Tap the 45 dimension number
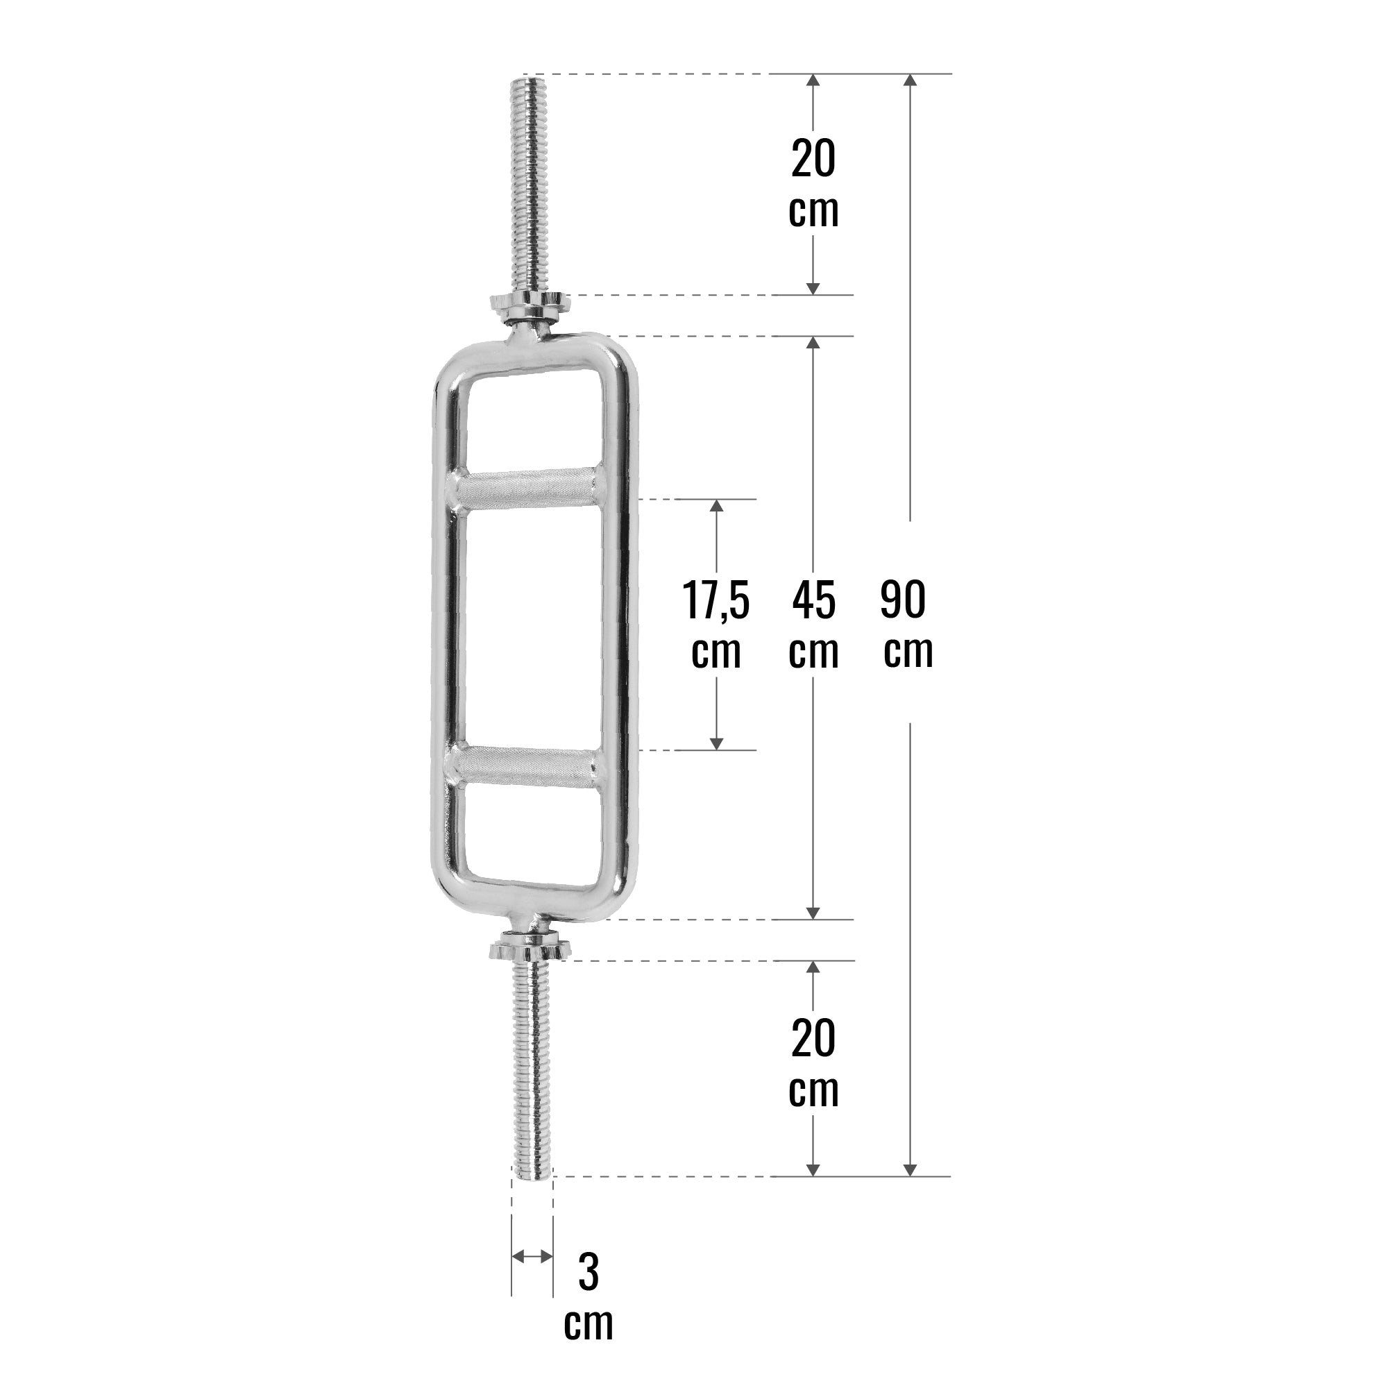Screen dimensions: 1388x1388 pyautogui.click(x=813, y=600)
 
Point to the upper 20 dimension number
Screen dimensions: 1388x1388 pyautogui.click(x=813, y=159)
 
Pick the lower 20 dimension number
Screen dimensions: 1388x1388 pyautogui.click(x=813, y=1039)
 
